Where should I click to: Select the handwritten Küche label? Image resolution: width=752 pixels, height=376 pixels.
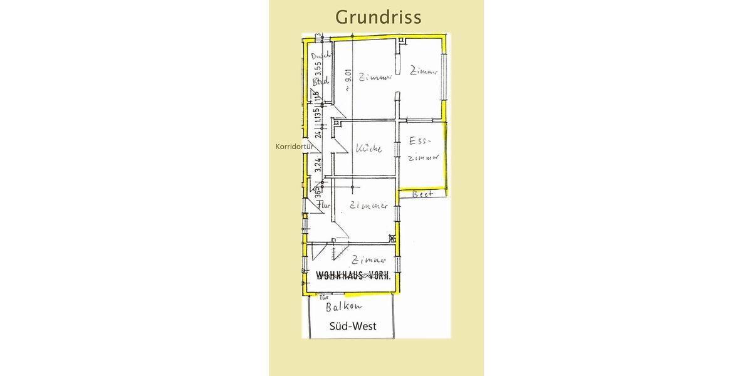pos(368,149)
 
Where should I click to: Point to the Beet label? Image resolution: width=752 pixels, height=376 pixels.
pos(422,194)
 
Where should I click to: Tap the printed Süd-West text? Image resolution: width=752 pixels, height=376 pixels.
pos(353,326)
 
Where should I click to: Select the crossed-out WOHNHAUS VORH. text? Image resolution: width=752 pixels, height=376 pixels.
pos(353,274)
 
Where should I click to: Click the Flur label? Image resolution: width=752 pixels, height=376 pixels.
pos(323,205)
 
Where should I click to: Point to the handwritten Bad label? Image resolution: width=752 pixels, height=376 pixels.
pos(321,81)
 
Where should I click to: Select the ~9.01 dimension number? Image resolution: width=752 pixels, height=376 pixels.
pos(349,81)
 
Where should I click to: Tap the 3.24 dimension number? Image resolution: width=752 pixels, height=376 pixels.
pos(318,165)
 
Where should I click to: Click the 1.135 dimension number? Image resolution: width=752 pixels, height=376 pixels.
pos(318,115)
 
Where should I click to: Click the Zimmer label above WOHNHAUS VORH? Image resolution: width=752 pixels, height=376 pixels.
pos(368,259)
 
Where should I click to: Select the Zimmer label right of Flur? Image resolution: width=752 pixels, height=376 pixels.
pos(368,205)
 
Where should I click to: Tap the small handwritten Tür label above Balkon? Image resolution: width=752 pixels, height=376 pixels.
pos(325,298)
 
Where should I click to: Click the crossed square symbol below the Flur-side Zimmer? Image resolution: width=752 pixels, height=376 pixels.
pos(392,238)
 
